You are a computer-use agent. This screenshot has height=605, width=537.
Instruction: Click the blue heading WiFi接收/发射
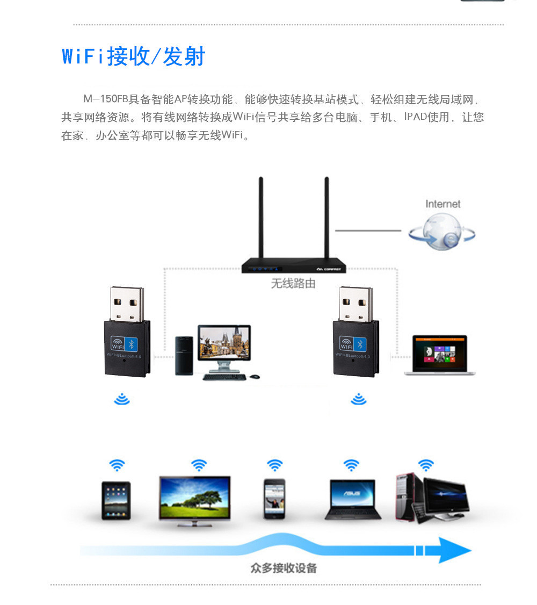pyautogui.click(x=134, y=56)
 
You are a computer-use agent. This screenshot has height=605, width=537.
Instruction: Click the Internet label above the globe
pyautogui.click(x=442, y=204)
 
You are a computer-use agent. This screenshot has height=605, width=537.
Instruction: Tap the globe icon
pyautogui.click(x=442, y=233)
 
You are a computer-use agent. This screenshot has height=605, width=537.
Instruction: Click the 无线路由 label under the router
pyautogui.click(x=293, y=284)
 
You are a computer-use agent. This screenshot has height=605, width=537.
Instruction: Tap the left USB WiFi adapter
pyautogui.click(x=127, y=333)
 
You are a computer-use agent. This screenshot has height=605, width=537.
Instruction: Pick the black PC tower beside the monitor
pyautogui.click(x=184, y=355)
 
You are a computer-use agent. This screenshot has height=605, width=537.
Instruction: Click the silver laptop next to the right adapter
pyautogui.click(x=439, y=355)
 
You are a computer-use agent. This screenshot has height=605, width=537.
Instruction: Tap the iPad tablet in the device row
pyautogui.click(x=116, y=500)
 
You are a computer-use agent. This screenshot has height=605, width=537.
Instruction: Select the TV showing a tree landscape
pyautogui.click(x=194, y=497)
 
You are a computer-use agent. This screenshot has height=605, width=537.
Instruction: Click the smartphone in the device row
pyautogui.click(x=274, y=499)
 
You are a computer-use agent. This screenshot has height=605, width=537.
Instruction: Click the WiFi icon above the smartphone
pyautogui.click(x=274, y=465)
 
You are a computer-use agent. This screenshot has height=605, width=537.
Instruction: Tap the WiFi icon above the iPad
pyautogui.click(x=117, y=465)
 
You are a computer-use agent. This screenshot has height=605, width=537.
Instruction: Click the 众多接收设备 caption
pyautogui.click(x=284, y=568)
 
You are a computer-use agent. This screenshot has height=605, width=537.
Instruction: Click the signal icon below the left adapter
pyautogui.click(x=122, y=399)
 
